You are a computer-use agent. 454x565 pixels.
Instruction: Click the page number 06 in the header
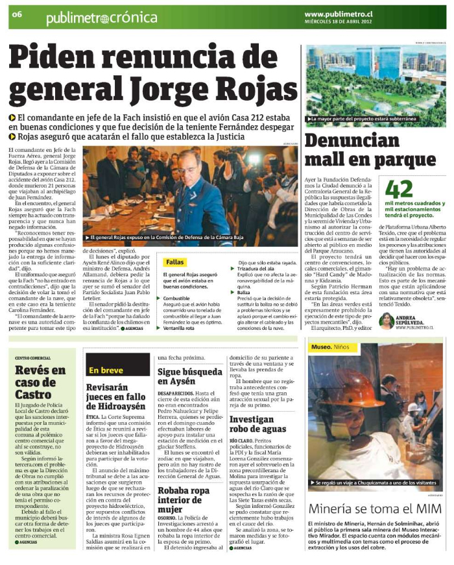tap(17, 14)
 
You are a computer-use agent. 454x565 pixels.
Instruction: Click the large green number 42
tap(399, 188)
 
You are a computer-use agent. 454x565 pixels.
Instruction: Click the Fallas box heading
tap(175, 262)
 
